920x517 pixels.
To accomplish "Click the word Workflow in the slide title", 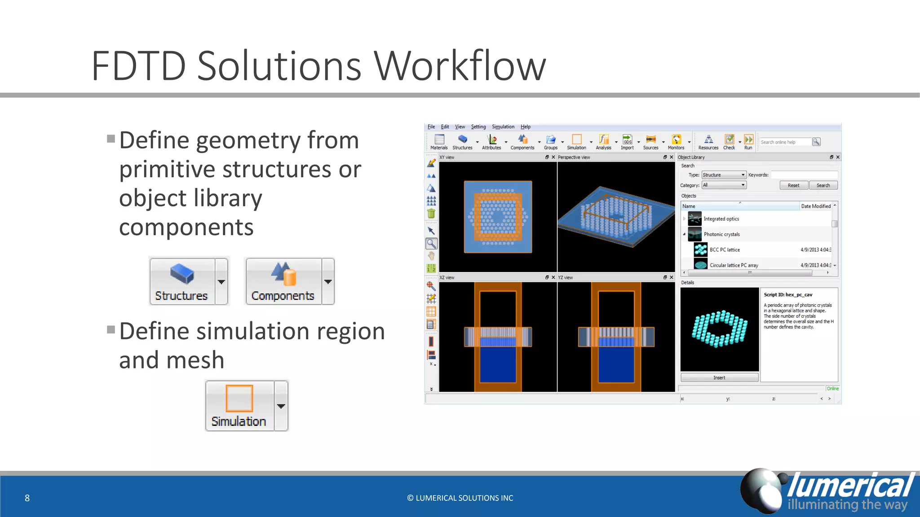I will click(460, 66).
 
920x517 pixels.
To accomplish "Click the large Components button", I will click(283, 281).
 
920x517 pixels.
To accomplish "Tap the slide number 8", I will click(27, 498).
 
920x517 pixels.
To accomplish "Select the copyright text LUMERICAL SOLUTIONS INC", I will click(460, 498).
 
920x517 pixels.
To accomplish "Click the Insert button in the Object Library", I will click(719, 377).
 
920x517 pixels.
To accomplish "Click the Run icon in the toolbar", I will click(748, 141).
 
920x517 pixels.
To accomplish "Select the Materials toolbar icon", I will click(439, 141).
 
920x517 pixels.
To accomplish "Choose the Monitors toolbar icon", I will click(676, 141).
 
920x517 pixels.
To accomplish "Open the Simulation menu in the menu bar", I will click(503, 127).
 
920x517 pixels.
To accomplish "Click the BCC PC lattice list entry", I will click(725, 250).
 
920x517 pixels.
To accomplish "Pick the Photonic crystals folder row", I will click(721, 234).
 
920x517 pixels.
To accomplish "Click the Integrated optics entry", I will click(721, 219).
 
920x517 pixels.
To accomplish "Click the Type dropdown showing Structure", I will click(724, 175).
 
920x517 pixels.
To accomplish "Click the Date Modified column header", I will click(816, 206).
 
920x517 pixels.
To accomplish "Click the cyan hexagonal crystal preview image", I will click(719, 329).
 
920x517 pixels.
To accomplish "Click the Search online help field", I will click(785, 142).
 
